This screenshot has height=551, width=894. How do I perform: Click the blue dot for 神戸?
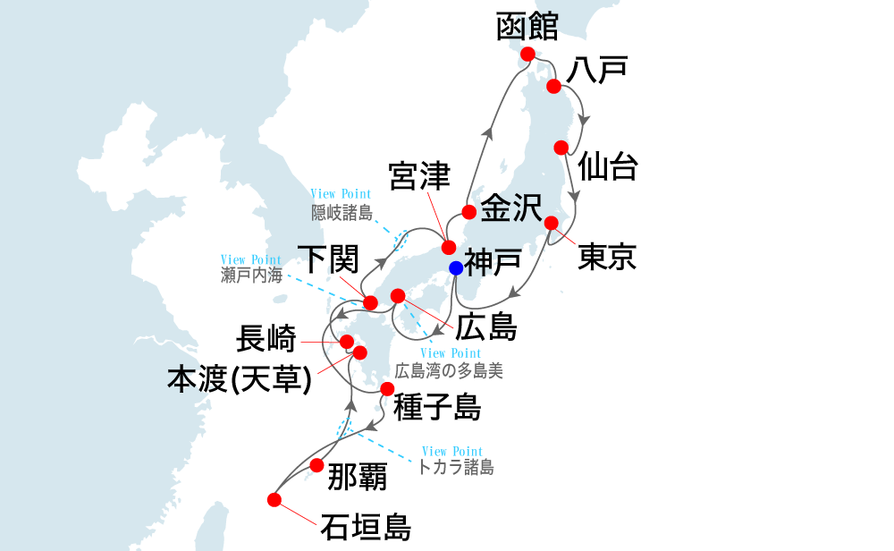pos(456,267)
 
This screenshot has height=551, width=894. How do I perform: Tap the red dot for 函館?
pos(527,54)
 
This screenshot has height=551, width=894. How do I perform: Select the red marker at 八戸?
pos(553,86)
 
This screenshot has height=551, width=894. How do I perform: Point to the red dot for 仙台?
pos(561,148)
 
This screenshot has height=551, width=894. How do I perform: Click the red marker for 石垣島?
pos(274,499)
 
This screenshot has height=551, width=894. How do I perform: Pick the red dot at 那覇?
pos(316,465)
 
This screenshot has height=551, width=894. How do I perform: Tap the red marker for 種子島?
pos(386,389)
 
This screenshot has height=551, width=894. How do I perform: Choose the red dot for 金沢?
pos(468,212)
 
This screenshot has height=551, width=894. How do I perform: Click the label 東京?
pos(607,258)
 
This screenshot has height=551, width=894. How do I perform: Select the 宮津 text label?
pos(419,176)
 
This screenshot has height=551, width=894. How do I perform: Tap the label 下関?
pos(327,260)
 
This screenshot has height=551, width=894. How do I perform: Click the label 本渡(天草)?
pos(240,380)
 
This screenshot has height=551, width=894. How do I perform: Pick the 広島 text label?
pos(486,327)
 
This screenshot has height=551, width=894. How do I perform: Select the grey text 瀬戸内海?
pos(251,275)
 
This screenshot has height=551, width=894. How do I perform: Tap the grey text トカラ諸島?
pos(456,466)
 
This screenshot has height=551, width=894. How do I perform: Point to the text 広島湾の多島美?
pos(449,370)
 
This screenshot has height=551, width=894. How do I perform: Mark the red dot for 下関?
pos(370,302)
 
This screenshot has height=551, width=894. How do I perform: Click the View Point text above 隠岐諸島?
pos(341,194)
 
